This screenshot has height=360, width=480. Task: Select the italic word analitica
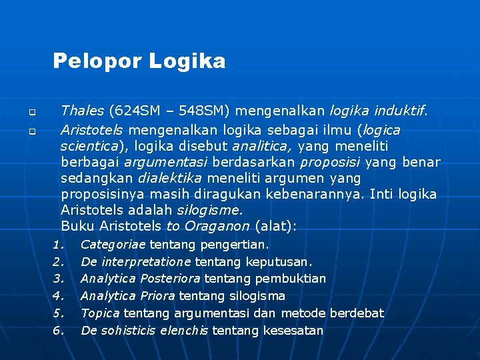point(262,145)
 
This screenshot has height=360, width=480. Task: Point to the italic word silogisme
point(210,210)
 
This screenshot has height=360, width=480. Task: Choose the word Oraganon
point(217,226)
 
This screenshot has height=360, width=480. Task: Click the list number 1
point(57,245)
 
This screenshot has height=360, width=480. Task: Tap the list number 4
point(57,296)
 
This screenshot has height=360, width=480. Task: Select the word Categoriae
point(113,245)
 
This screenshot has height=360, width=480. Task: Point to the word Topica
point(99,313)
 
